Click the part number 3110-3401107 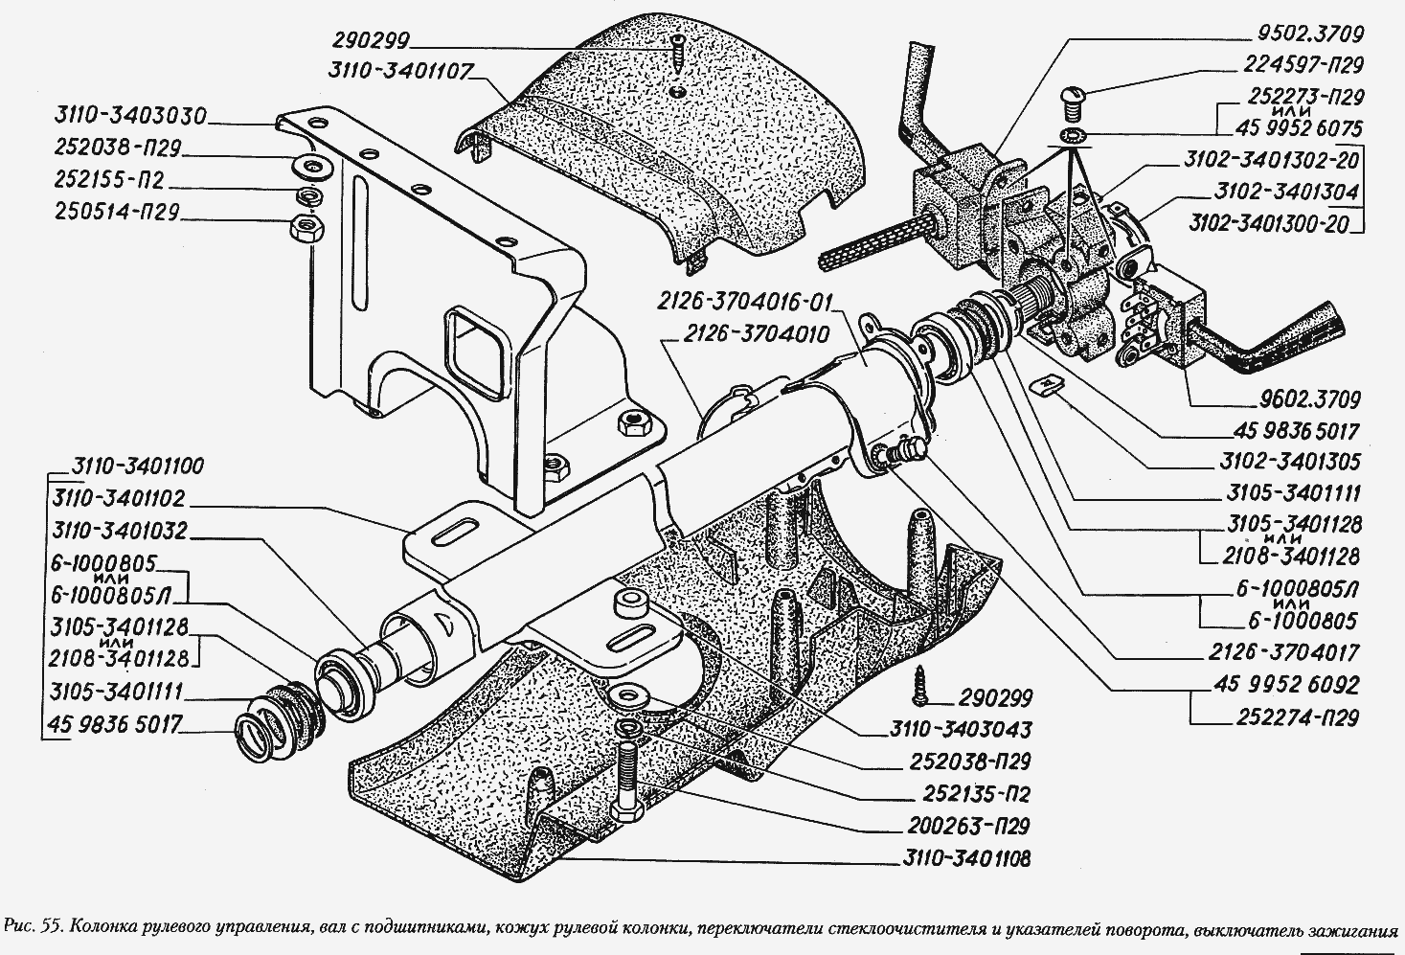(399, 72)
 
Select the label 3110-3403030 (130, 116)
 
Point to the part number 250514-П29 (117, 212)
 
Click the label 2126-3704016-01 (744, 303)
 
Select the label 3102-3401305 (1289, 462)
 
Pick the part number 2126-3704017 (1283, 652)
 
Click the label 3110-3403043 (961, 729)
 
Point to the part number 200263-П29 (968, 826)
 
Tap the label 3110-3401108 (966, 858)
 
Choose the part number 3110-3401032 (120, 531)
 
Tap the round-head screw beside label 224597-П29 (1074, 104)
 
